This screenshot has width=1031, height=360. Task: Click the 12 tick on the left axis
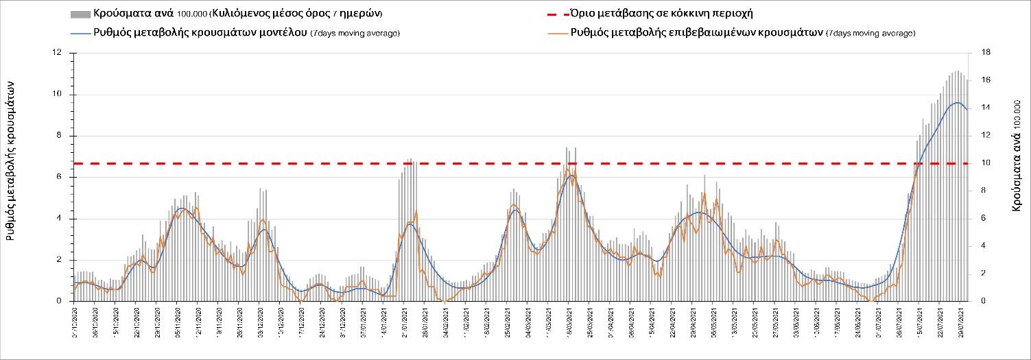pyautogui.click(x=57, y=53)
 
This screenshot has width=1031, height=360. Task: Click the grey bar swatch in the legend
pyautogui.click(x=80, y=14)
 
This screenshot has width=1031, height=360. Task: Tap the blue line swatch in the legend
pyautogui.click(x=80, y=32)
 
